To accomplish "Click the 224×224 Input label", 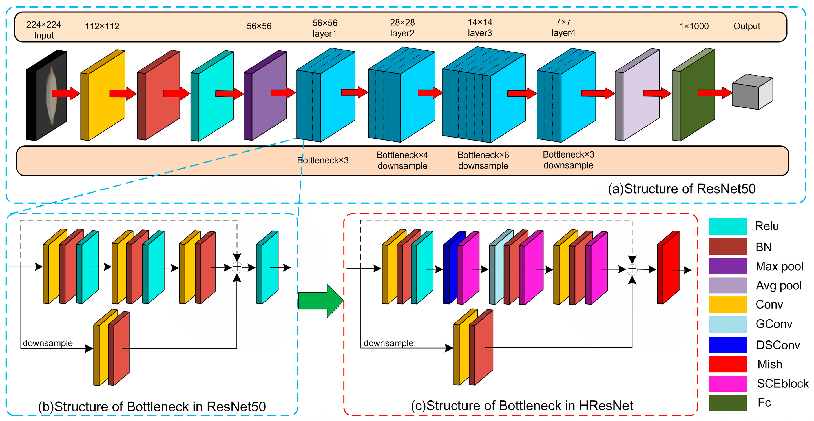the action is point(44,30).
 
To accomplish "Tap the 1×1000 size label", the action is point(694,26).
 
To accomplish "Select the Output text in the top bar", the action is point(747,26).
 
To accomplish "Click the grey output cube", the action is point(752,92).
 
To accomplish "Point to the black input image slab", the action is point(47,95).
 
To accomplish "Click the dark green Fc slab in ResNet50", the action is point(693,95).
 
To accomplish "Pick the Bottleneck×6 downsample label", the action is point(483,160).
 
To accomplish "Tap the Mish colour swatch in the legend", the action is point(728,364).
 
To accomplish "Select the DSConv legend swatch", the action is point(728,345).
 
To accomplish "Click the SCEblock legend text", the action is point(782,384).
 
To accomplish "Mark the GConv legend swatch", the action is point(728,324).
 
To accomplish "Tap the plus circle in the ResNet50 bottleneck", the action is point(237,267).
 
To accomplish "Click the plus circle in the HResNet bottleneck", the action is point(632,269).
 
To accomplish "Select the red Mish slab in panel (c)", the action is point(668,267).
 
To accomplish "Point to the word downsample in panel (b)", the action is point(48,343).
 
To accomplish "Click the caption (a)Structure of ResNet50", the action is point(682,189).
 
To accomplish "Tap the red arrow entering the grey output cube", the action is point(715,92).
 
